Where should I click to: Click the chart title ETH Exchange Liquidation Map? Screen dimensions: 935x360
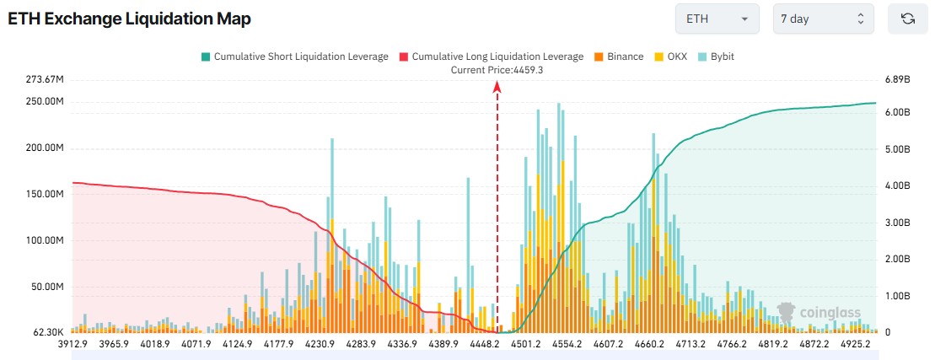pos(129,19)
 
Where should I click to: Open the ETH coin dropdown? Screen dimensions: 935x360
pos(717,19)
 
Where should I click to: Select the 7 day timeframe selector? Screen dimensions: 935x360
pos(823,19)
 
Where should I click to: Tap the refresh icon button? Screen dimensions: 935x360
pos(908,19)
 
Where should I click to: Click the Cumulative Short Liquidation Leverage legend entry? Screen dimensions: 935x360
pos(295,56)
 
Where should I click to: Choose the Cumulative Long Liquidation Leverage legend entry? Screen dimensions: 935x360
pos(492,56)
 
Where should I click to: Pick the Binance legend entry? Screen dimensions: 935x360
pos(619,56)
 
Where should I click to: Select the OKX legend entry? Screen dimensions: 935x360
pos(671,56)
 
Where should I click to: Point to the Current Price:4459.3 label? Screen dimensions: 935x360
pos(497,70)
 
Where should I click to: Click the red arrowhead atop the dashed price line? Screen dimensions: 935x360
pos(497,87)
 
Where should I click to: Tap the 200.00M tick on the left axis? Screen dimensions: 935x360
pos(44,148)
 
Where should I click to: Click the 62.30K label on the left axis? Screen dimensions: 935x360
pos(46,332)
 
